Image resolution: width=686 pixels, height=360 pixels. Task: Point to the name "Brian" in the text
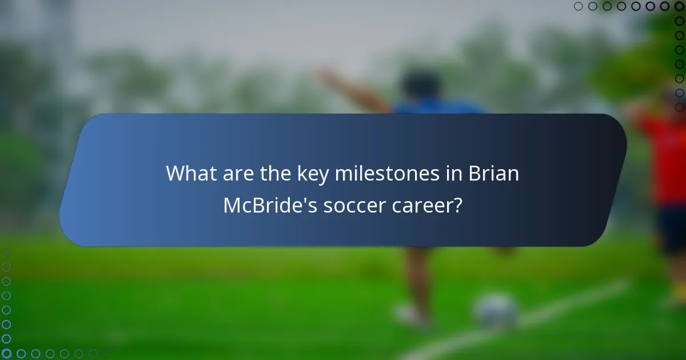(x=497, y=173)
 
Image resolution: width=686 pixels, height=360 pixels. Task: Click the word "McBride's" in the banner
(x=269, y=205)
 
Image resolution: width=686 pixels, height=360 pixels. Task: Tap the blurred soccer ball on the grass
(x=496, y=311)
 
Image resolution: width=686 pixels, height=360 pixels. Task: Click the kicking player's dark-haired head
(x=420, y=85)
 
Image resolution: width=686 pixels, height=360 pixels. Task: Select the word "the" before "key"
(x=271, y=173)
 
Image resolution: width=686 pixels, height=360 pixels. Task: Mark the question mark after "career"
(x=457, y=205)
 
